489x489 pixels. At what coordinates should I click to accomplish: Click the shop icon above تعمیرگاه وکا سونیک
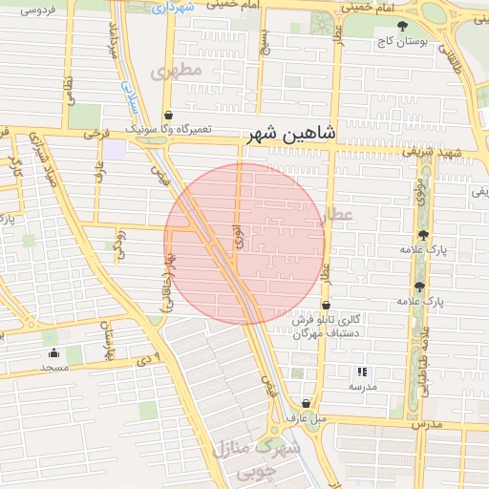click(x=169, y=114)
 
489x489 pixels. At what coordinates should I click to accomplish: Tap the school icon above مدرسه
click(x=361, y=372)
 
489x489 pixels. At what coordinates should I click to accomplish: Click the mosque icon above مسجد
click(x=52, y=353)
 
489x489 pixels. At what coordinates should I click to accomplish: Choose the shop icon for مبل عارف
click(x=306, y=403)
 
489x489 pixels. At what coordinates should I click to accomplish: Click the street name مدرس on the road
click(x=429, y=422)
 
